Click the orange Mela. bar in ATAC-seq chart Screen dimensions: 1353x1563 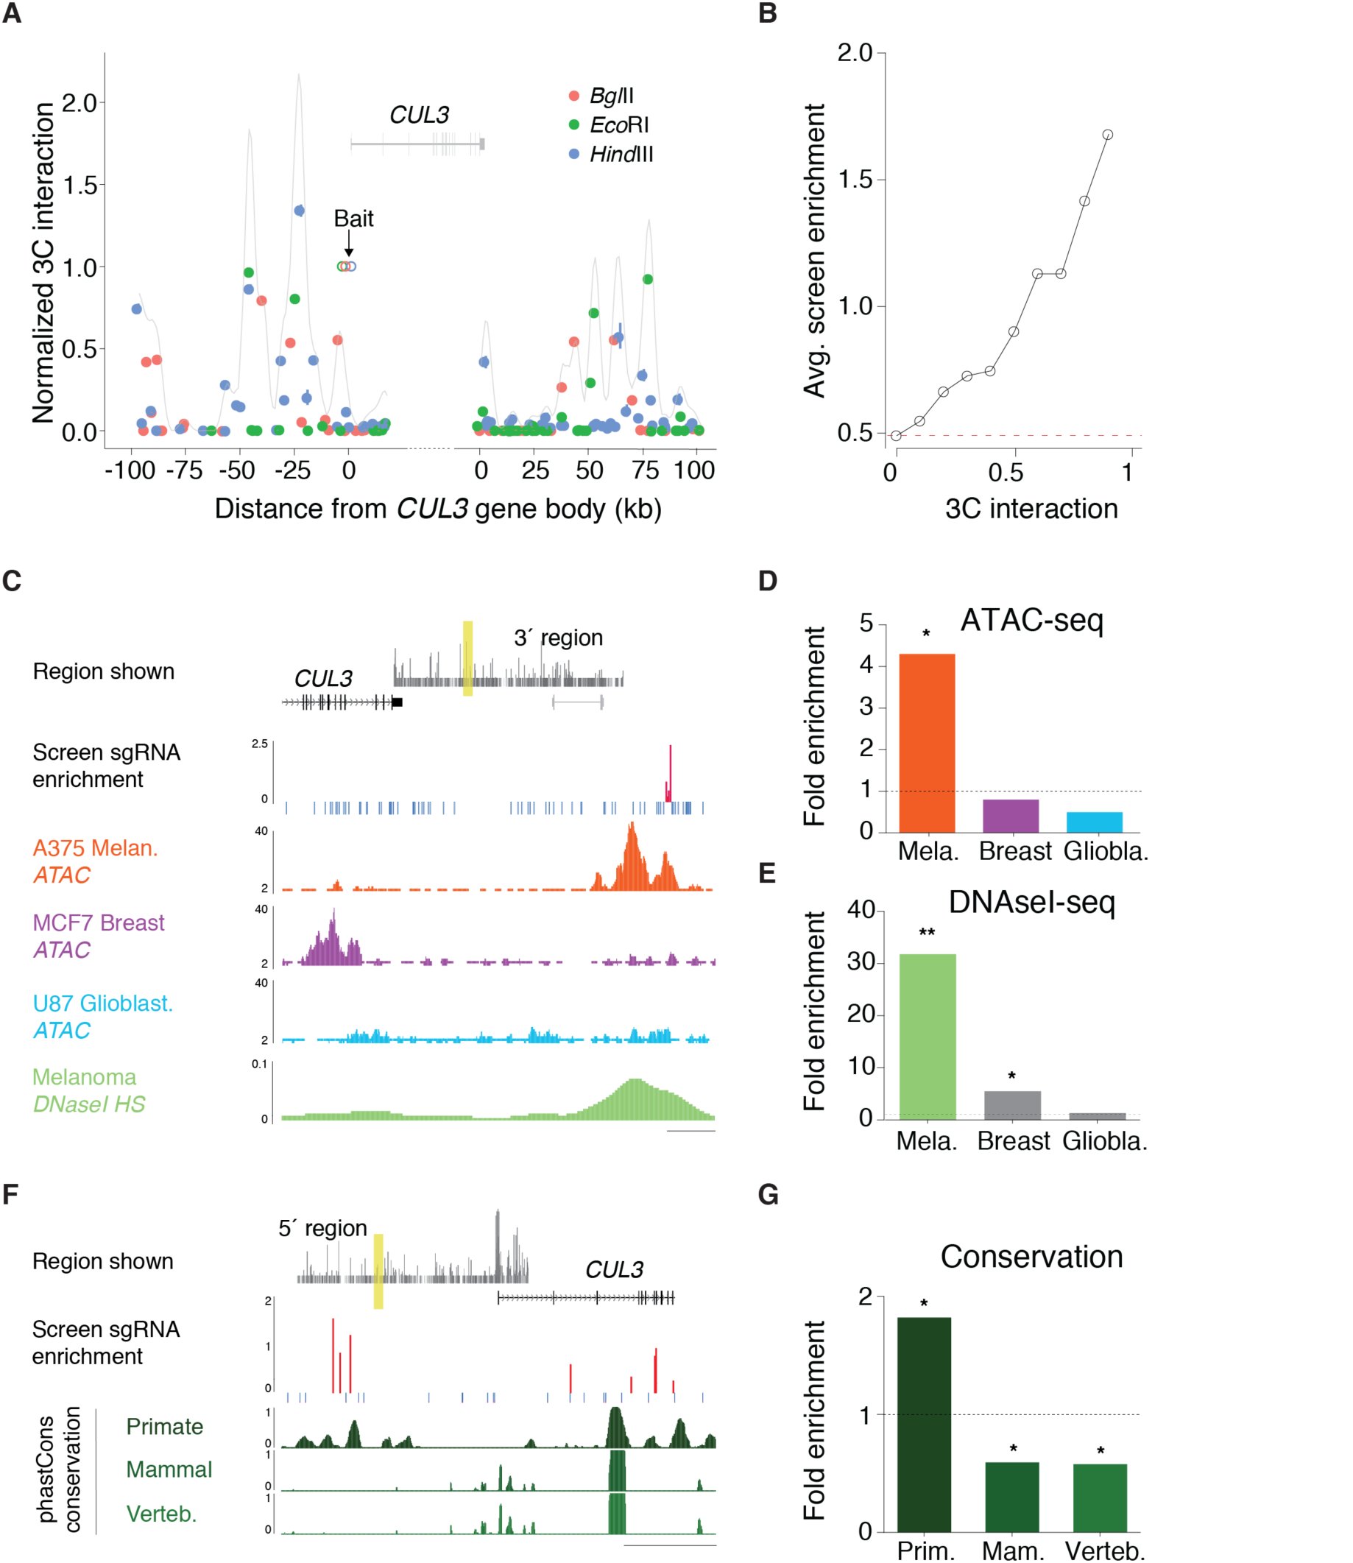coord(928,743)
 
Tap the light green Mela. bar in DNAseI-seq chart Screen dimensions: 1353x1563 coord(928,1036)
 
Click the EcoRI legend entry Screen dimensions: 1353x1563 coord(610,124)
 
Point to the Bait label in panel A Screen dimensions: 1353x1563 coord(353,218)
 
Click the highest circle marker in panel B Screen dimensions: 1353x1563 coord(1108,135)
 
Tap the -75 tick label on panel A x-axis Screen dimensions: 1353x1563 coord(184,470)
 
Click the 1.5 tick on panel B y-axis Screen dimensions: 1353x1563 coord(855,180)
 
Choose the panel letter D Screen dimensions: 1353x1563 coord(767,581)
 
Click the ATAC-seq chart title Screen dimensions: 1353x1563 coord(1031,621)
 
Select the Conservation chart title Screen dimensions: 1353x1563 coord(1031,1257)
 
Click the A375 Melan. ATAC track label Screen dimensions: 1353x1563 coord(95,861)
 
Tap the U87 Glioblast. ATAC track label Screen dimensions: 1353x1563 coord(102,1016)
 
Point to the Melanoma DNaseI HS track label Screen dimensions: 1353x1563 coord(89,1090)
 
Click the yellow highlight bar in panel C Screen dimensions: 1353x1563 coord(467,658)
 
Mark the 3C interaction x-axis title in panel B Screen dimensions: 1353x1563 coord(1031,509)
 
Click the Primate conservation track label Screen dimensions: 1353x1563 coord(165,1426)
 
